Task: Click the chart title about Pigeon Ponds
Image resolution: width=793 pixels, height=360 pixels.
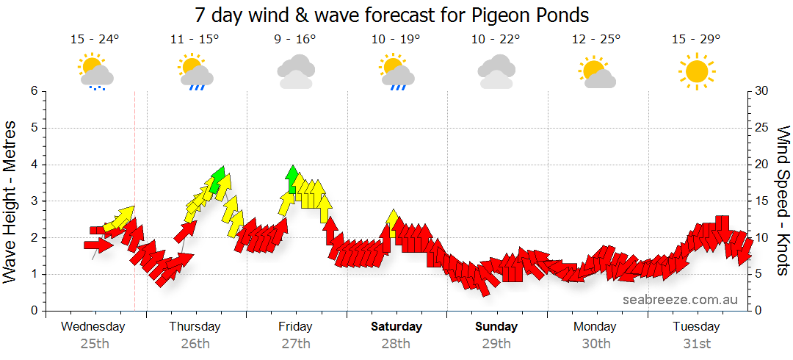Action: coord(392,15)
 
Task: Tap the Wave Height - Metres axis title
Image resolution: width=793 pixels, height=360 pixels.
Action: coord(10,201)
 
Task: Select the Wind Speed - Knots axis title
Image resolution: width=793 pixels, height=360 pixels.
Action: coord(783,201)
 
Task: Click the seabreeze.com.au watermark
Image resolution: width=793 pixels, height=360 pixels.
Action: coord(680,299)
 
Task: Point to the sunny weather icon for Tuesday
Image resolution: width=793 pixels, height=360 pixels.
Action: coord(696,71)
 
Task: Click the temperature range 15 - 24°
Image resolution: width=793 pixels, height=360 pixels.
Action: coord(95,40)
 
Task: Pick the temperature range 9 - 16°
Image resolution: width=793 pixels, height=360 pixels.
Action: coord(295,40)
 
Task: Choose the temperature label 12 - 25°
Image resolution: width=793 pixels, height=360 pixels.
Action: coord(595,40)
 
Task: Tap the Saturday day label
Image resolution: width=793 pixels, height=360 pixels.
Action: coord(396,326)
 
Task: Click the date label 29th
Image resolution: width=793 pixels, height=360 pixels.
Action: coord(496,343)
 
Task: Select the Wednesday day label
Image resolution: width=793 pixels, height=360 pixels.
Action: coord(93,326)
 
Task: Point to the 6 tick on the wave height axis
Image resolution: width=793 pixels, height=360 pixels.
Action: coord(33,91)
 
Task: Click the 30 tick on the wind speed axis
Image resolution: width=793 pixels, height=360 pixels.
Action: coord(762,91)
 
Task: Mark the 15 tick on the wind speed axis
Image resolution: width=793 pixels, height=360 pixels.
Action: coord(761,201)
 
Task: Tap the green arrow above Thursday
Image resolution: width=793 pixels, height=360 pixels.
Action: coord(216,179)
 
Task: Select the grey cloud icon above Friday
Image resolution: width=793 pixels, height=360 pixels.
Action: coord(295,73)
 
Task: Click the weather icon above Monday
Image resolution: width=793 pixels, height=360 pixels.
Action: coord(595,72)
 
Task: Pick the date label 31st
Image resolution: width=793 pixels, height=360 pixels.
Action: coord(696,343)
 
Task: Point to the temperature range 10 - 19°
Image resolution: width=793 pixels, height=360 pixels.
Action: coord(396,40)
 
